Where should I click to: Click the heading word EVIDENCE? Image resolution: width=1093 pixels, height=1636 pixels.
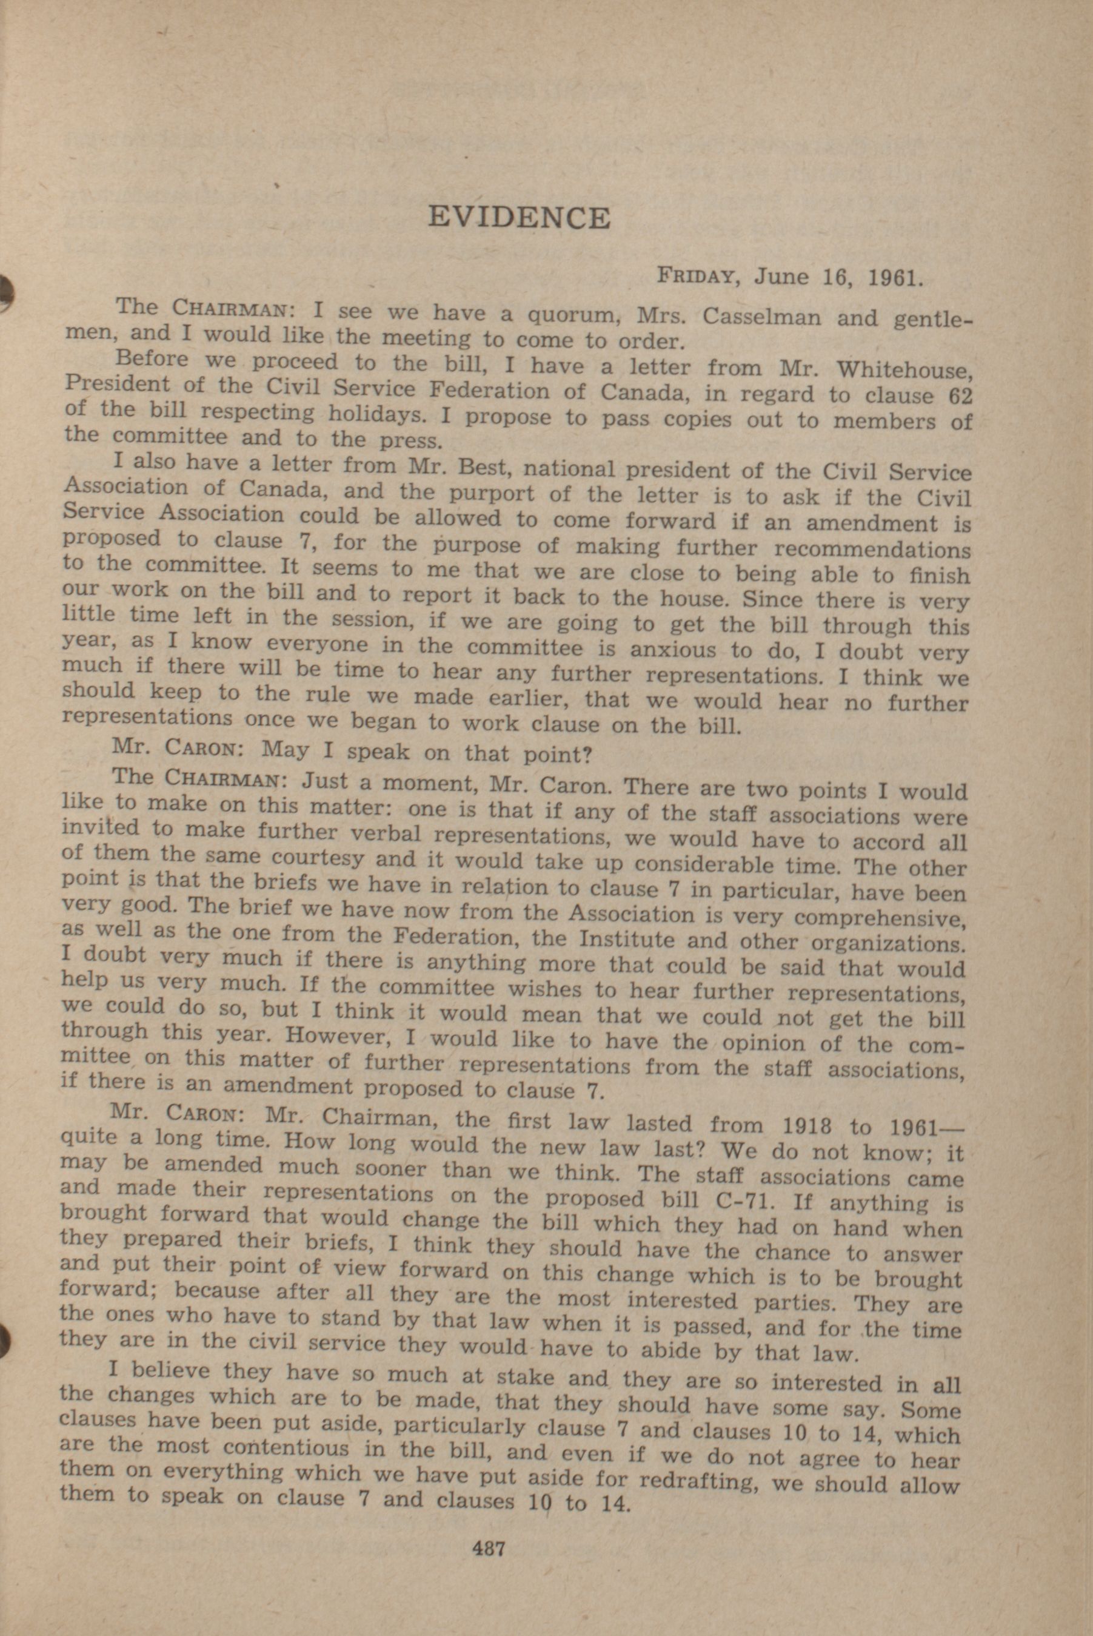tap(519, 218)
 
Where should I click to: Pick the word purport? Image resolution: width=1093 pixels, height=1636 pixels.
tap(492, 493)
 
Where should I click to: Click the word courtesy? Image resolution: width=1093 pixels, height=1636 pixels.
tap(315, 857)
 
